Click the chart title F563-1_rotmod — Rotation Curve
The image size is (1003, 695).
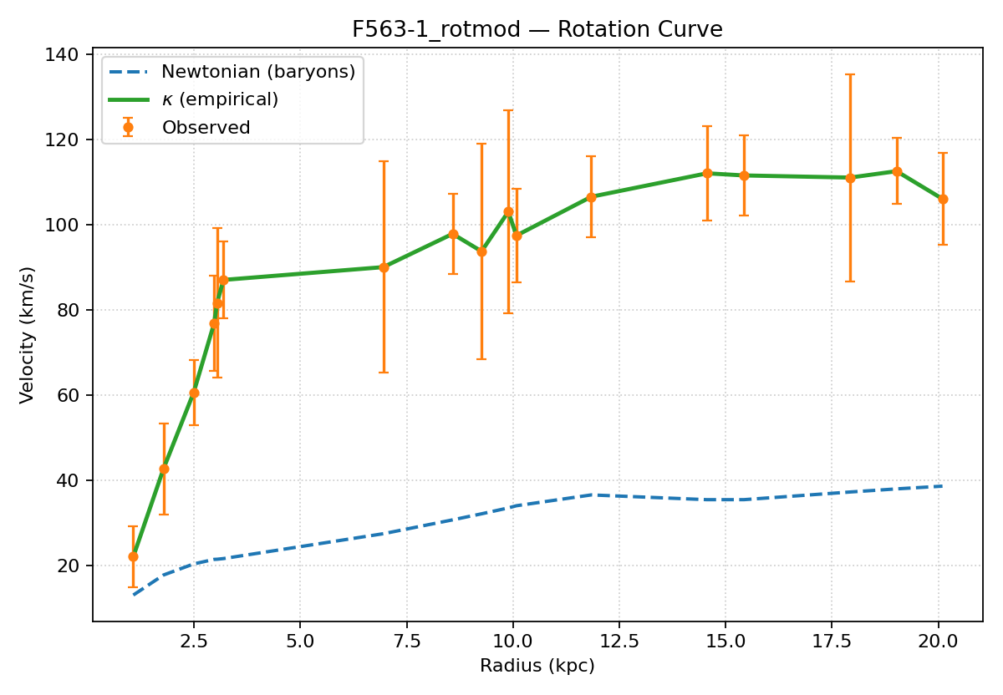[x=537, y=30]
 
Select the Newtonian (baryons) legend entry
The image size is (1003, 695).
[x=258, y=72]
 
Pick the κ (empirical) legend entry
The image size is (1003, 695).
[x=220, y=99]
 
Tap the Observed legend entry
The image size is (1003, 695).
[x=206, y=128]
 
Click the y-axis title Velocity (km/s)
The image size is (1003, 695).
[x=28, y=335]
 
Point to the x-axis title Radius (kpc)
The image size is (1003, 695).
[x=537, y=666]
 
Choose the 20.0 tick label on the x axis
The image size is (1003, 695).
[x=938, y=643]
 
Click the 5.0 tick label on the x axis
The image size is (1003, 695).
[x=300, y=643]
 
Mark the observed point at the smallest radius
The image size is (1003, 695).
[x=133, y=556]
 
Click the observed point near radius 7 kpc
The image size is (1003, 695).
[x=384, y=267]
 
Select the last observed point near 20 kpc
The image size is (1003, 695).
[x=943, y=199]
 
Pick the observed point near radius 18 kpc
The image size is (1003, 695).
[x=850, y=178]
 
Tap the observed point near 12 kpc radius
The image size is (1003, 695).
[x=591, y=197]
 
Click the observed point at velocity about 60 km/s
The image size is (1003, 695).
[x=194, y=393]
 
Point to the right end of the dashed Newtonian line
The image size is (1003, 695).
[x=943, y=486]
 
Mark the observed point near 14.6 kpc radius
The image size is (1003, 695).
[x=707, y=173]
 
